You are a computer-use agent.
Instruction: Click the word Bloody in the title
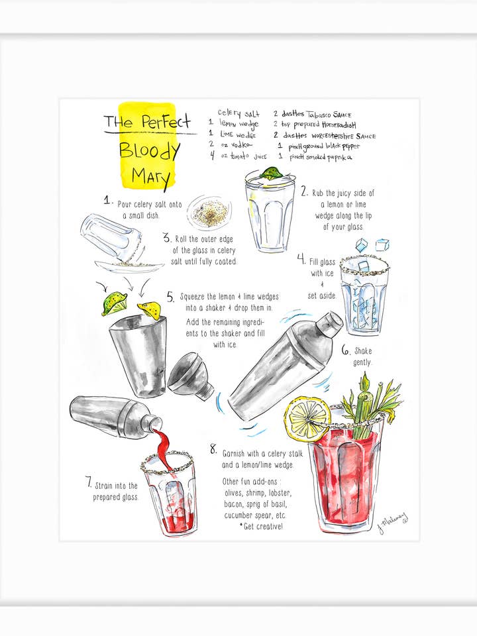pyautogui.click(x=149, y=150)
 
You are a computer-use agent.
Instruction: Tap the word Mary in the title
pyautogui.click(x=151, y=177)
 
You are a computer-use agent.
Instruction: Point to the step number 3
pyautogui.click(x=166, y=237)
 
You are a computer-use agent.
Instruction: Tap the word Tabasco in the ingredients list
pyautogui.click(x=324, y=114)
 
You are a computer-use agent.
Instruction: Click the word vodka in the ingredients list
pyautogui.click(x=240, y=144)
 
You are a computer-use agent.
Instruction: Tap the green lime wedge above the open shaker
pyautogui.click(x=113, y=304)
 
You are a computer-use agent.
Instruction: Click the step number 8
pyautogui.click(x=213, y=449)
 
